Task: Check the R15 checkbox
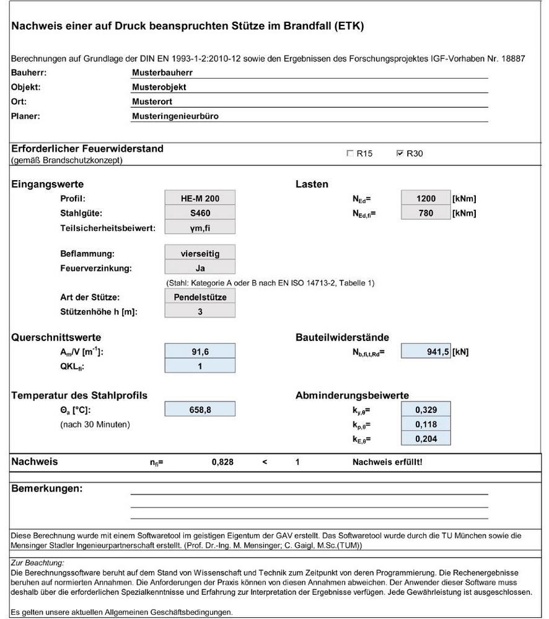pos(350,154)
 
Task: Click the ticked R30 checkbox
pos(400,154)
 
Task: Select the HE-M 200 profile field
pos(200,199)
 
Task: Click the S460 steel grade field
pos(200,214)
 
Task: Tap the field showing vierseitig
pos(200,253)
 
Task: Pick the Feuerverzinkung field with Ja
pos(200,268)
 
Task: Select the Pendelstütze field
pos(200,297)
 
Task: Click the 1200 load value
pos(426,199)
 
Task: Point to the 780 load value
pos(426,214)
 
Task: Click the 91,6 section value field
pos(200,352)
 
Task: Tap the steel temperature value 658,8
pos(200,409)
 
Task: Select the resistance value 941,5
pos(426,352)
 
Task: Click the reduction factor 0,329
pos(426,409)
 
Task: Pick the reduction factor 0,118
pos(426,424)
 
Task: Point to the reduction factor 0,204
pos(426,439)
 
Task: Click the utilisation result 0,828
pos(222,462)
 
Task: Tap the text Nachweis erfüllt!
pos(387,462)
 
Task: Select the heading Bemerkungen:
pos(47,489)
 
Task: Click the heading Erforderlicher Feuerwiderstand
pos(87,149)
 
